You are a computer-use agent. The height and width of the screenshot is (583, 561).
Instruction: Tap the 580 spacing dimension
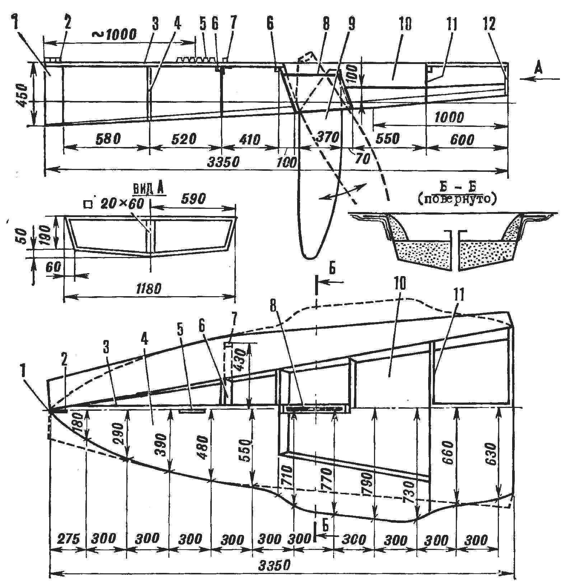click(x=107, y=138)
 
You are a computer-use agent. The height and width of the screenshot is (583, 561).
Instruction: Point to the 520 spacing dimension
click(x=185, y=138)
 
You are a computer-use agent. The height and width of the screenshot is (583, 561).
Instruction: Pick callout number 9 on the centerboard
click(x=351, y=23)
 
